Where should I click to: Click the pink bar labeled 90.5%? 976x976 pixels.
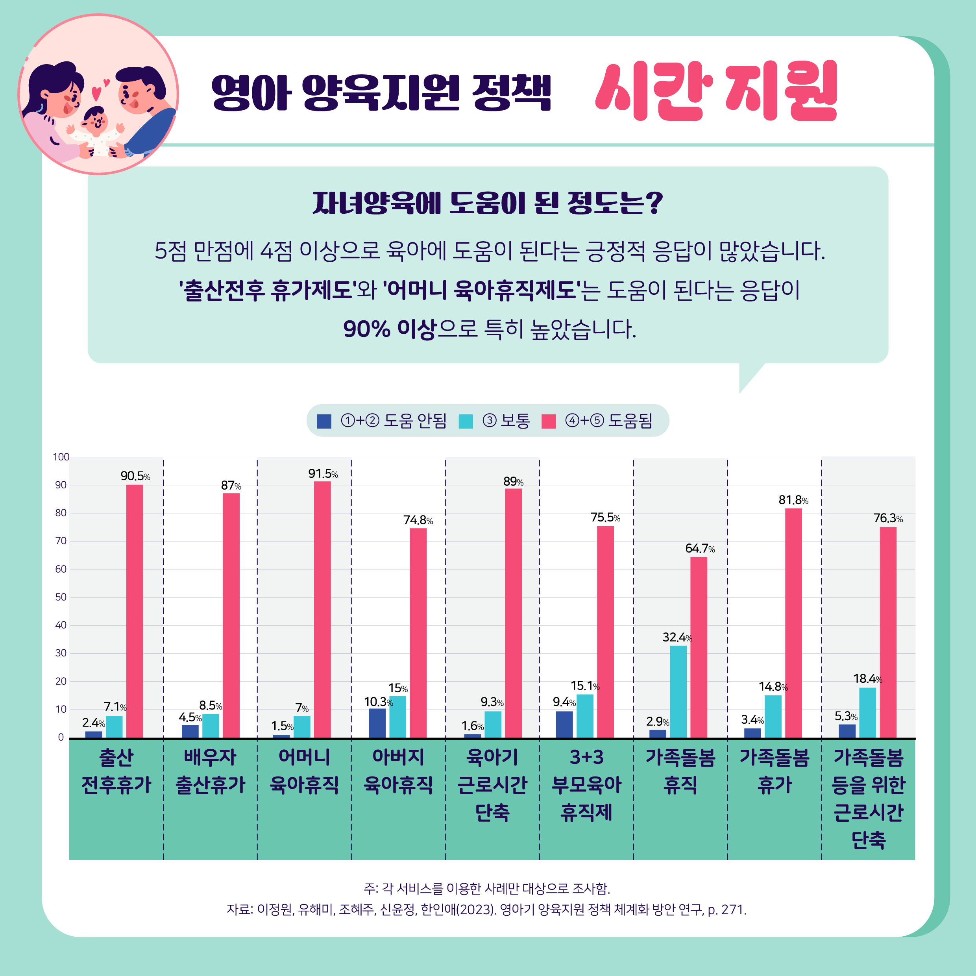(x=134, y=611)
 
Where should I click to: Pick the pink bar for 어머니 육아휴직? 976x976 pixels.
(x=322, y=609)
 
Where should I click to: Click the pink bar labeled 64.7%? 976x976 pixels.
(x=699, y=647)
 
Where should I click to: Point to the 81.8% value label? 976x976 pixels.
(x=793, y=500)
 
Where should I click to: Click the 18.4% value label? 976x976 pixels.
(x=867, y=679)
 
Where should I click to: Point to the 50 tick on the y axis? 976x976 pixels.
(x=61, y=597)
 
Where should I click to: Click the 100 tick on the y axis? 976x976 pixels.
(x=61, y=457)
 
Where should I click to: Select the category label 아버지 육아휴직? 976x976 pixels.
(x=398, y=771)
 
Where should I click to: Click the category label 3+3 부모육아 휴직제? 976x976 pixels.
(x=586, y=784)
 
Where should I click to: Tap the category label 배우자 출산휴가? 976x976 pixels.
(x=210, y=771)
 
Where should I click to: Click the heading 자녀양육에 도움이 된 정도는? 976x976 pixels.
(x=488, y=203)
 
